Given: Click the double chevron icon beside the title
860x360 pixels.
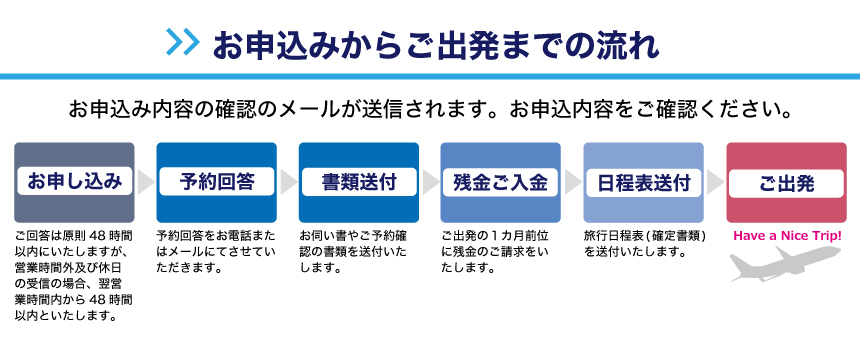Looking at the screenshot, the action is point(183,42).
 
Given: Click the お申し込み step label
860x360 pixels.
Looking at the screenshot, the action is point(74,181).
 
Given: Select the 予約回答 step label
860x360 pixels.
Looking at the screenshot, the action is point(216,182).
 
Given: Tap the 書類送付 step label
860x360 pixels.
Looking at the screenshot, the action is point(359,182).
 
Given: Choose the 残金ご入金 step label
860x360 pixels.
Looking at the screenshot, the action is point(500,182).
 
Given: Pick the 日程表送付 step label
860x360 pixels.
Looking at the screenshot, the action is point(643,182).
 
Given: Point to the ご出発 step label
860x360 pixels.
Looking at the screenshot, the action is point(786,183).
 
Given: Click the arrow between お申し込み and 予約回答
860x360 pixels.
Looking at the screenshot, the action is point(145,182).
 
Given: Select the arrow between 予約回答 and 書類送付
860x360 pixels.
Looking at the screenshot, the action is point(287,182).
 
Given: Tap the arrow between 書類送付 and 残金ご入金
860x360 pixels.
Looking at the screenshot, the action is point(429,182).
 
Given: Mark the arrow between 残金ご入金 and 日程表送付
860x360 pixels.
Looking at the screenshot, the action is point(572,182).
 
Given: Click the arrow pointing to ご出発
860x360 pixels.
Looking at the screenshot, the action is point(715,182).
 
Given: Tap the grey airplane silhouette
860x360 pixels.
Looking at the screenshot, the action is point(785,263).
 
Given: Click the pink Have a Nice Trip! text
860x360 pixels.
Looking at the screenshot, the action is point(787,237).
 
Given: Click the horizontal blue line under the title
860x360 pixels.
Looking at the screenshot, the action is point(430,77).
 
